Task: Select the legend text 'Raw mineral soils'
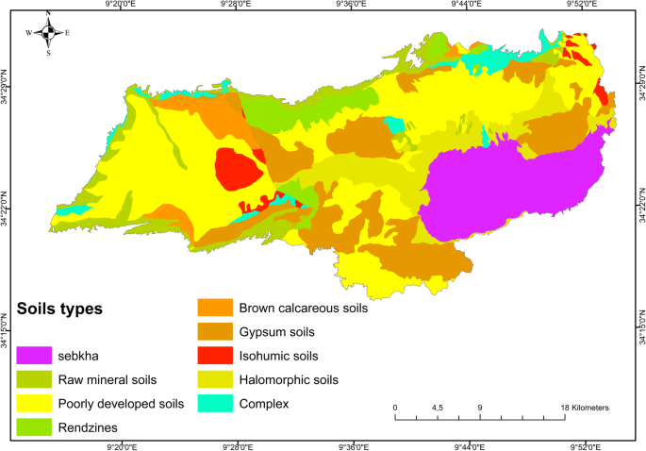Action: [109, 380]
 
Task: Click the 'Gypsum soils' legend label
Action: [278, 332]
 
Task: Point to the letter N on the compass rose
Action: [48, 13]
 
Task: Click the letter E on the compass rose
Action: [68, 33]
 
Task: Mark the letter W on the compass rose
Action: [28, 33]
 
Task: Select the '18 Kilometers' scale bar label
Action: [585, 408]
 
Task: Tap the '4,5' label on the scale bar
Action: [438, 408]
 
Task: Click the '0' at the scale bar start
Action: [395, 408]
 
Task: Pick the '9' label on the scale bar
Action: [480, 408]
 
